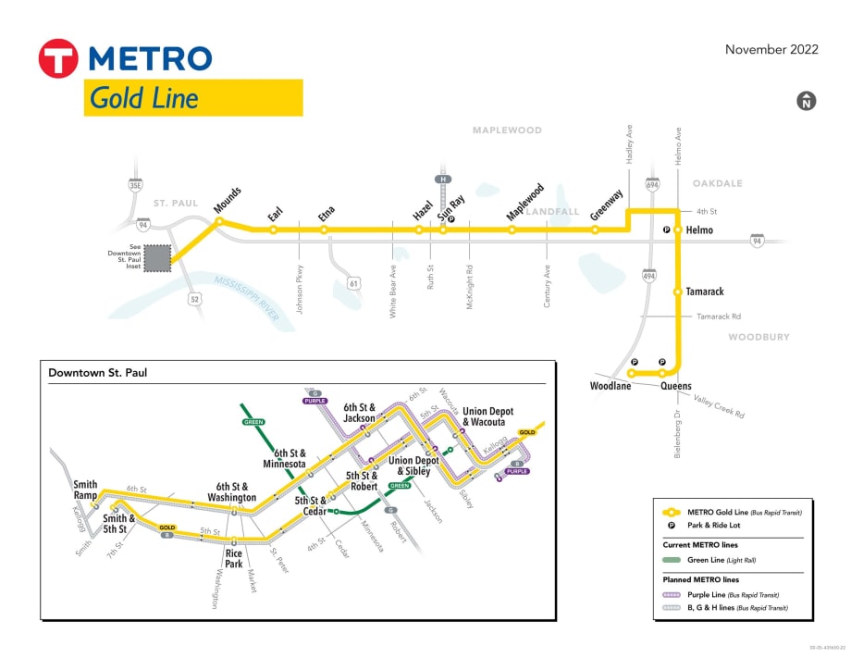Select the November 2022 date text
pyautogui.click(x=771, y=50)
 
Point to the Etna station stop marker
pyautogui.click(x=325, y=230)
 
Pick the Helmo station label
pyautogui.click(x=699, y=230)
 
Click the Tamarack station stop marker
pyautogui.click(x=678, y=292)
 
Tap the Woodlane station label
pyautogui.click(x=610, y=386)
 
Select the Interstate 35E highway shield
pyautogui.click(x=137, y=185)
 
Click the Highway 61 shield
pyautogui.click(x=353, y=282)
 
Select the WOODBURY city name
pyautogui.click(x=758, y=337)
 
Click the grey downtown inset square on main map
pyautogui.click(x=158, y=258)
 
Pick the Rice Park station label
pyautogui.click(x=234, y=559)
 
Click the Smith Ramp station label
pyautogui.click(x=85, y=490)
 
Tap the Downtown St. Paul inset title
pyautogui.click(x=98, y=373)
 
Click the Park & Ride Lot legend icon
pyautogui.click(x=671, y=525)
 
